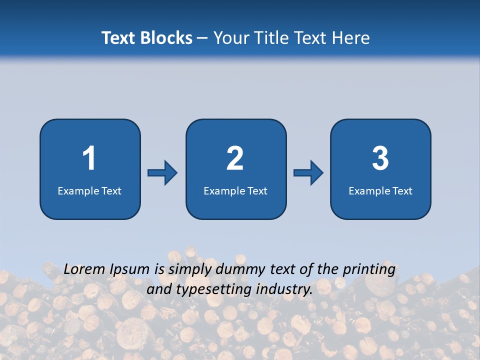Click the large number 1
[x=89, y=158]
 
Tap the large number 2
[x=235, y=158]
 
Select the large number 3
[x=380, y=158]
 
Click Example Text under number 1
[x=89, y=190]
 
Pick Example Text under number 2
[x=235, y=190]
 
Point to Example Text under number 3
[x=380, y=190]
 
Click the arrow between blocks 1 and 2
[x=162, y=173]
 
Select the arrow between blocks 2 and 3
[x=308, y=173]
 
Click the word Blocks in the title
[x=166, y=38]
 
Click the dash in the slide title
[x=202, y=38]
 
